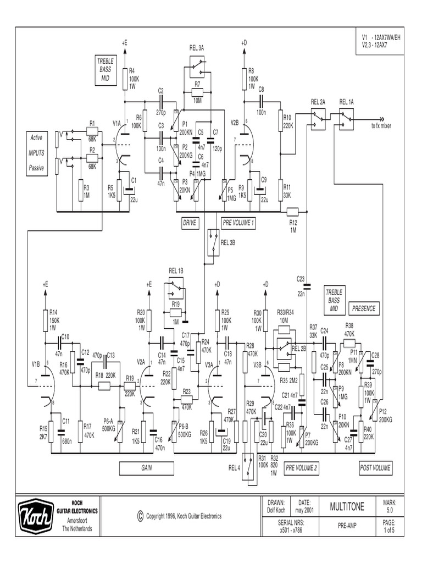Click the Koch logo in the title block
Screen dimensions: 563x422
(36, 516)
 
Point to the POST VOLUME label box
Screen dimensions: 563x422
(375, 468)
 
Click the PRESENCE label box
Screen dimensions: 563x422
(364, 309)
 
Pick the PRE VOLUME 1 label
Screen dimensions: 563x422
(238, 223)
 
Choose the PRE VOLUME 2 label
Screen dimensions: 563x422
(301, 468)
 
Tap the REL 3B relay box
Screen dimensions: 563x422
(212, 242)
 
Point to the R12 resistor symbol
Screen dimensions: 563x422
(293, 211)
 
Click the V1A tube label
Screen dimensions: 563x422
(116, 124)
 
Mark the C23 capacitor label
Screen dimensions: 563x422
(300, 279)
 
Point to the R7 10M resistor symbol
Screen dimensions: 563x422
(197, 91)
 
